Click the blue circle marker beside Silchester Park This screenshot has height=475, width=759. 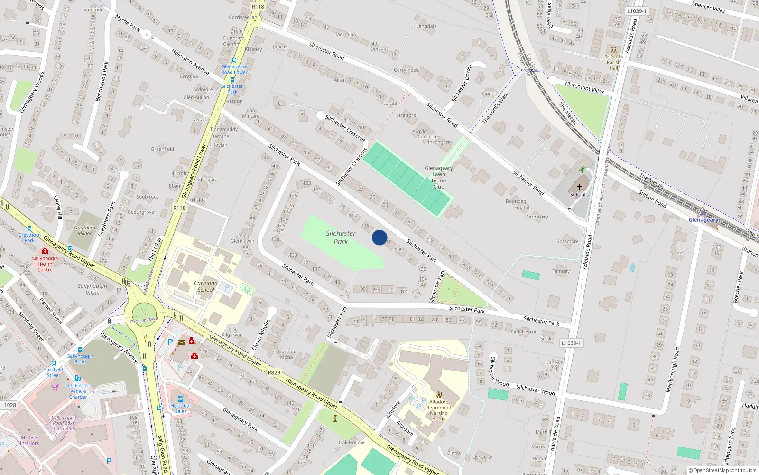click(x=379, y=237)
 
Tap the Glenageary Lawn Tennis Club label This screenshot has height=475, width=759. click(x=439, y=177)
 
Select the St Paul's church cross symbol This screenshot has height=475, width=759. click(x=579, y=187)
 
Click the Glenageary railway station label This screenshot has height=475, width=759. click(x=703, y=220)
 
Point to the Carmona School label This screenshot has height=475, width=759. click(x=206, y=286)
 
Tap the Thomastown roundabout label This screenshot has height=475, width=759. click(x=144, y=320)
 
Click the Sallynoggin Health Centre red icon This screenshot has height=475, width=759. click(x=45, y=251)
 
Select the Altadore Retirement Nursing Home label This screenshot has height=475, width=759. click(x=439, y=410)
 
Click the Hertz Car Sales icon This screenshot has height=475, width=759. click(x=180, y=399)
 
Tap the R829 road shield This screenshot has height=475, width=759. click(x=274, y=372)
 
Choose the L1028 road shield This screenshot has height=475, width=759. click(x=9, y=405)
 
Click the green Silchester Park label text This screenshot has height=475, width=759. click(x=341, y=237)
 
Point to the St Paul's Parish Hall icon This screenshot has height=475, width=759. click(x=613, y=50)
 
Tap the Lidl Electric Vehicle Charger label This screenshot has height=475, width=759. click(x=78, y=391)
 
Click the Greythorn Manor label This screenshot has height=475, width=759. click(x=84, y=230)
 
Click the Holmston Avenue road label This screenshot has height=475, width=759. click(x=190, y=62)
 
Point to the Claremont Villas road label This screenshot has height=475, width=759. click(x=584, y=87)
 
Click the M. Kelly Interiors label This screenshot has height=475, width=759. click(x=29, y=440)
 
